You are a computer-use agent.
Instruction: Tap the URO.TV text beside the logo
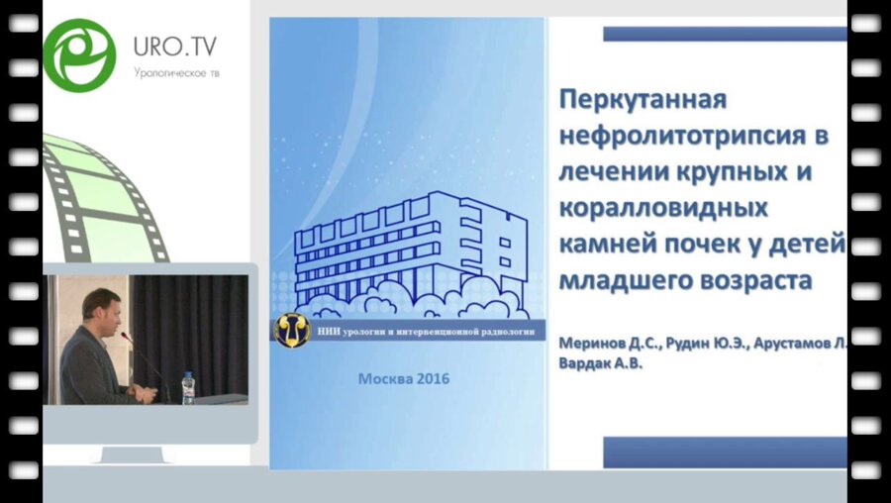pos(175,46)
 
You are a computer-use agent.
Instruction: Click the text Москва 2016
pos(403,378)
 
